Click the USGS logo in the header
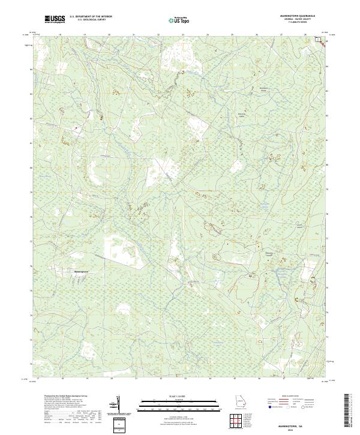pyautogui.click(x=55, y=20)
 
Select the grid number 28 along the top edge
pyautogui.click(x=305, y=35)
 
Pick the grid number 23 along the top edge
pyautogui.click(x=183, y=35)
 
